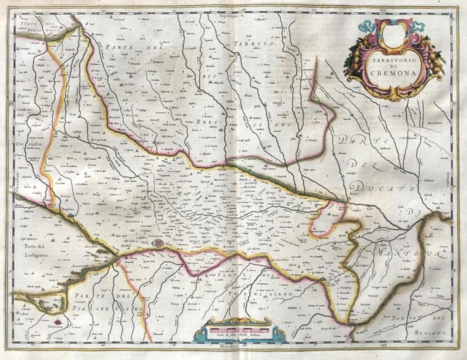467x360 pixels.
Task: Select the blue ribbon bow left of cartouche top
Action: click(367, 26)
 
